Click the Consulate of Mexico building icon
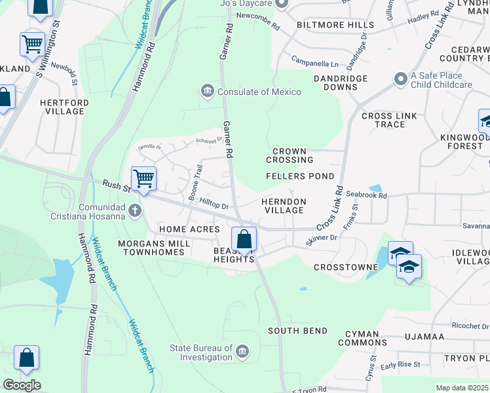208,90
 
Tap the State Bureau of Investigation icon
243,352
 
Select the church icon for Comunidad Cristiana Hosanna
135,210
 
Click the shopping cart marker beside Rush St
143,178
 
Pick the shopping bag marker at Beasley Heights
244,240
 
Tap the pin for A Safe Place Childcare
400,79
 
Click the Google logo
21,385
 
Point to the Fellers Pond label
300,176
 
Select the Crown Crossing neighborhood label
289,155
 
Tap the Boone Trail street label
195,183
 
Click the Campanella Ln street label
315,64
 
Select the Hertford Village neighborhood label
62,107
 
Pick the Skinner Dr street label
321,240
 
